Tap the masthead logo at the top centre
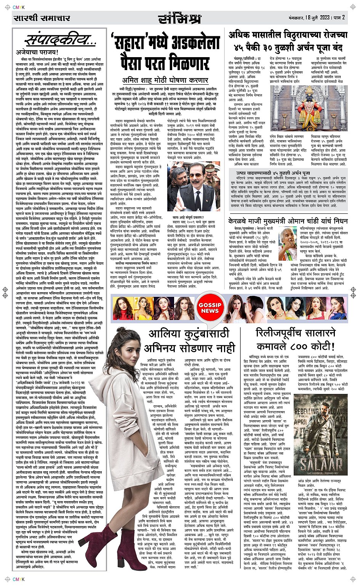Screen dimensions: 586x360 click(x=179, y=18)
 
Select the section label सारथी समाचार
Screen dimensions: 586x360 click(x=42, y=18)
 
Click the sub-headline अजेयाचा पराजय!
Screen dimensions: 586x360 click(x=37, y=52)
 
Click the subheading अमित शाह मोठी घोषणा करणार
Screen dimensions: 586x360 click(x=165, y=80)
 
